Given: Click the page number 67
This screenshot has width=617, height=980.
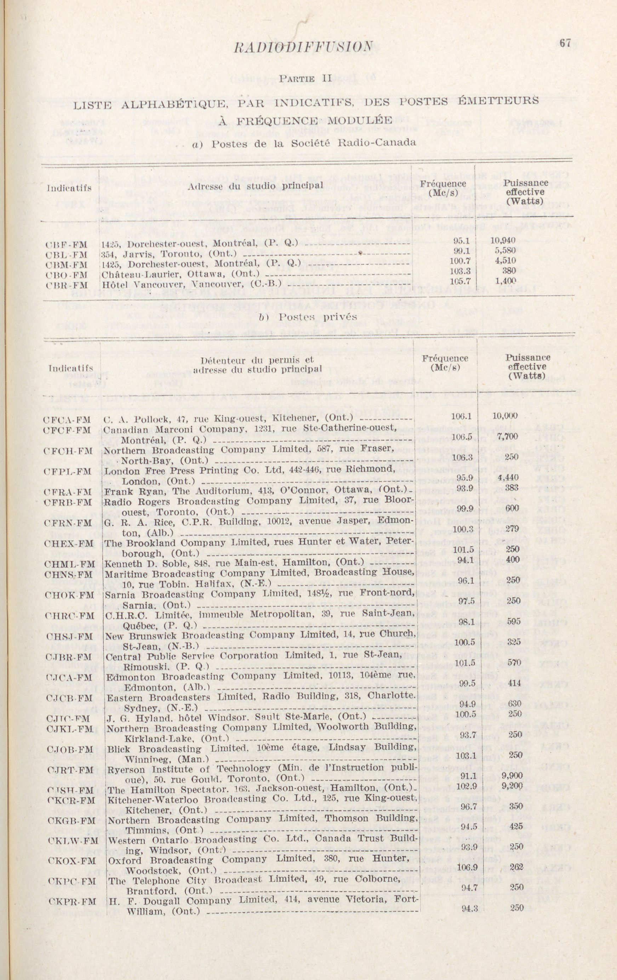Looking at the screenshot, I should tap(565, 43).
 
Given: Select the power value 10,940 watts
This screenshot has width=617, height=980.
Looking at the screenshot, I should tap(503, 240).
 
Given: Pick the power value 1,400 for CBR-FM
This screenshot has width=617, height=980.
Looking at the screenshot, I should tap(505, 280).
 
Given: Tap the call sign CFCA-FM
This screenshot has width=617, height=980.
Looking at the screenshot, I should tap(67, 420).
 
